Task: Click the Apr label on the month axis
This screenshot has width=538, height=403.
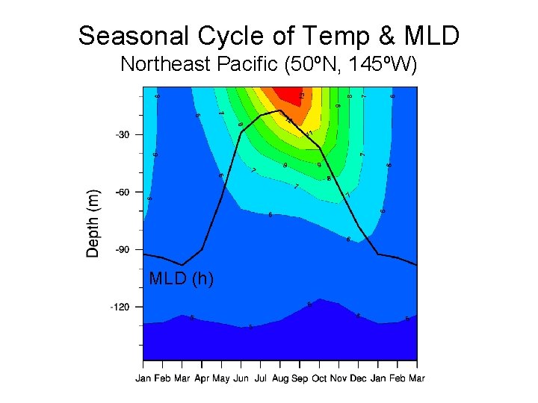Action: (201, 378)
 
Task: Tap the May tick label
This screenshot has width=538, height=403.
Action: (221, 378)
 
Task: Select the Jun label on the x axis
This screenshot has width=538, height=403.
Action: (241, 378)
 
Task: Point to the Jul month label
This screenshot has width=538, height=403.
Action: (260, 378)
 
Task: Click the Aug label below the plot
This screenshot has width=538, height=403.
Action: (279, 378)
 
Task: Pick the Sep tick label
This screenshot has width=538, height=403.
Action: (300, 378)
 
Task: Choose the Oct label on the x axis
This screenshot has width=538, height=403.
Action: (319, 378)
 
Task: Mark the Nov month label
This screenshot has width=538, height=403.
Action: (338, 378)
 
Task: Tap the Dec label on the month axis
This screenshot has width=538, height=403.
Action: (358, 378)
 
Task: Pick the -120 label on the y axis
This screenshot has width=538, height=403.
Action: (120, 307)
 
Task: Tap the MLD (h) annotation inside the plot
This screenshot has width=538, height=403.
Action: (182, 278)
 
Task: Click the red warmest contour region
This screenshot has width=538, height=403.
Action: (285, 95)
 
